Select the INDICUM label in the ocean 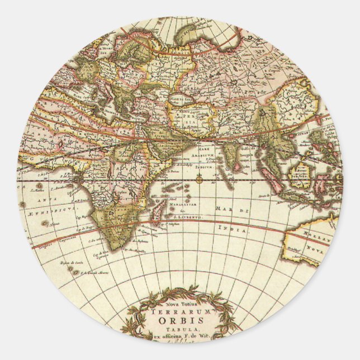[201, 166]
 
